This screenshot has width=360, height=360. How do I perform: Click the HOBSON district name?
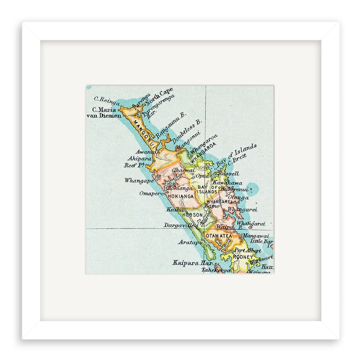coord(193,215)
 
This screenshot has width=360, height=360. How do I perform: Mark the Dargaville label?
coord(180,225)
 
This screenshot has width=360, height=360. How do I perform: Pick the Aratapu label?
coord(189,242)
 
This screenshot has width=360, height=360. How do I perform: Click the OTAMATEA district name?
coord(219,236)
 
